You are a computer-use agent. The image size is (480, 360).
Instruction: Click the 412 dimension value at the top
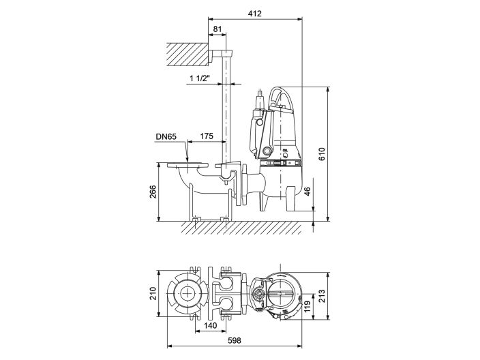pyautogui.click(x=254, y=14)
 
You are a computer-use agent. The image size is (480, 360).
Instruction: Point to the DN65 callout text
pyautogui.click(x=166, y=137)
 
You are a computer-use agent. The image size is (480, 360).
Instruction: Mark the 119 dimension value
pyautogui.click(x=307, y=305)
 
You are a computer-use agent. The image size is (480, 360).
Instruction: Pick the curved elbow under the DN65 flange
pyautogui.click(x=183, y=180)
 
